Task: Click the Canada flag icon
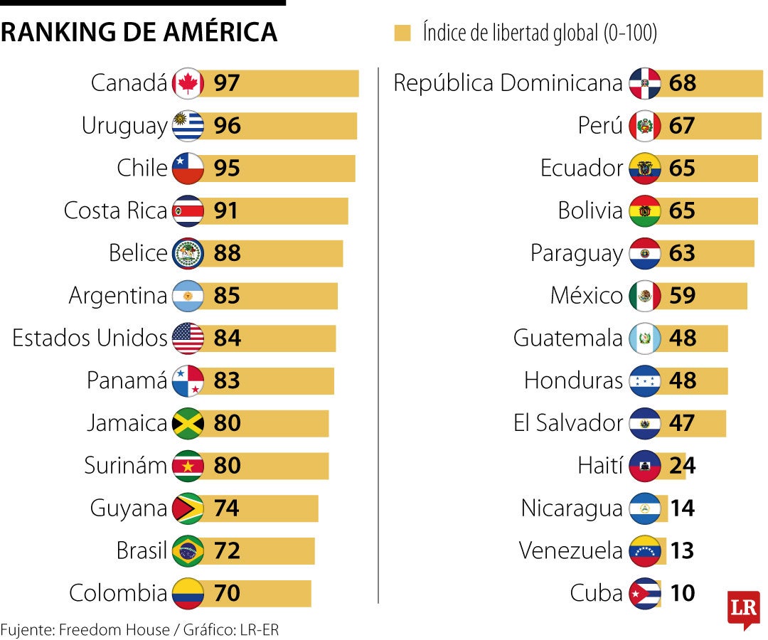pos(188,83)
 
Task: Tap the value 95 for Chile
pos(227,169)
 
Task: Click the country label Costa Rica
pos(115,210)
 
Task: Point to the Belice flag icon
pos(188,253)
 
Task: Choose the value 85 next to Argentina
pos(227,296)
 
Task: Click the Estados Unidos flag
pos(188,338)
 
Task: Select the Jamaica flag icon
pos(188,423)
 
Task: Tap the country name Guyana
pos(128,508)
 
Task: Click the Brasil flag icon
pos(188,551)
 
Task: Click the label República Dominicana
pos(508,83)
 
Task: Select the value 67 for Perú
pos(682,126)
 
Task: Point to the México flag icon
pos(645,296)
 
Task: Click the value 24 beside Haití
pos(682,466)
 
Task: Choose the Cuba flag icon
pos(645,594)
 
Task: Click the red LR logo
pos(743,609)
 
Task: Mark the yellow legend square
pos(402,33)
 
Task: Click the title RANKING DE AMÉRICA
pos(139,32)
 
